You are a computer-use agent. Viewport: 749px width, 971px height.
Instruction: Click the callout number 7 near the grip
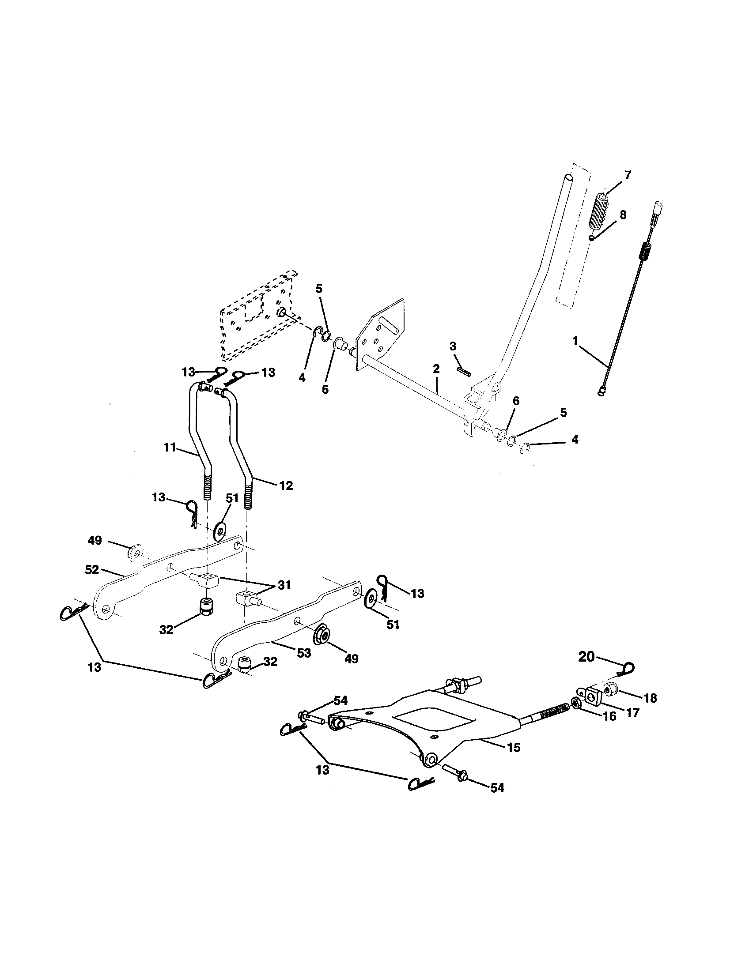pyautogui.click(x=628, y=175)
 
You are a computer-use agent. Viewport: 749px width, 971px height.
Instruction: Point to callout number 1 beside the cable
pyautogui.click(x=575, y=341)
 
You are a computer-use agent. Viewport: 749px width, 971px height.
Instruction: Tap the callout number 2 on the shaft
pyautogui.click(x=436, y=369)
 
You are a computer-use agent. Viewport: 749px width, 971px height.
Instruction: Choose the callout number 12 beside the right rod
pyautogui.click(x=287, y=485)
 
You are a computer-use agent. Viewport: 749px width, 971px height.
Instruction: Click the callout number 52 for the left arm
pyautogui.click(x=92, y=570)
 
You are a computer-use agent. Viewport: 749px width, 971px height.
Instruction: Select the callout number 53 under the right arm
pyautogui.click(x=304, y=653)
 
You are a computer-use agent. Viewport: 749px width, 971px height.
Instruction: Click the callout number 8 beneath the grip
pyautogui.click(x=623, y=215)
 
